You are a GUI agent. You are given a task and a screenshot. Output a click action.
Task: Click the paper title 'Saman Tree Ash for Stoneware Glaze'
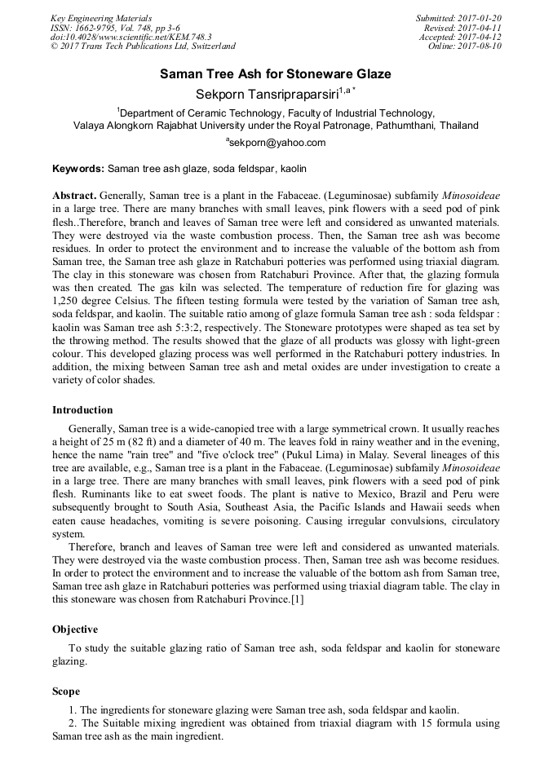coord(276,74)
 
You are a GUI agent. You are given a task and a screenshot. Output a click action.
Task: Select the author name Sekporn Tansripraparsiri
coord(268,94)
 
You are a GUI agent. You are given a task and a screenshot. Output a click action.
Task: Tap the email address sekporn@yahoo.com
coord(277,142)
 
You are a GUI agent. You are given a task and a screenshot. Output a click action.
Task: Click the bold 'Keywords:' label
coord(77,169)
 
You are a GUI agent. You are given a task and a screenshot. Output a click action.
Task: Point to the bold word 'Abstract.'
coord(74,197)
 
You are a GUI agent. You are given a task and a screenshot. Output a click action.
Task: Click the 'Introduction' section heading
coord(82,410)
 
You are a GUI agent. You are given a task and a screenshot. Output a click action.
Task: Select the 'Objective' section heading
coord(75,630)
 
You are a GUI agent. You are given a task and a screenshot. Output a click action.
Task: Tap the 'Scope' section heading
coord(66,691)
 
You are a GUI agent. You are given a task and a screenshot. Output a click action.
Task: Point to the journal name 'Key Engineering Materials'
coord(101,18)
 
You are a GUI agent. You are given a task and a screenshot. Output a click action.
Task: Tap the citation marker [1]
coord(298,600)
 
